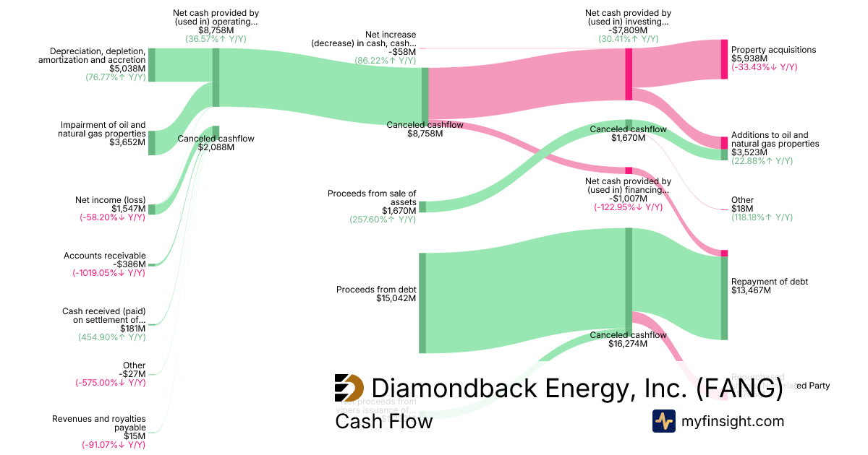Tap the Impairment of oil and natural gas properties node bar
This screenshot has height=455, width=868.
152,142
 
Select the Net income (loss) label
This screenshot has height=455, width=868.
110,200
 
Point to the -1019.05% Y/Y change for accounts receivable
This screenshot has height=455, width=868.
109,273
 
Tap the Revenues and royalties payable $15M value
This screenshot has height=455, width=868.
135,436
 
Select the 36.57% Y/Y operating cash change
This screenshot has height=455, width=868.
216,39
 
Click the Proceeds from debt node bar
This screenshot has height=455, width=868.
422,303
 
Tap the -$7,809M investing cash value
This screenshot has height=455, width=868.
628,30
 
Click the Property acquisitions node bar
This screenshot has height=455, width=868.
724,58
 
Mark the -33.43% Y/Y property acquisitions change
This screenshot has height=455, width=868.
764,67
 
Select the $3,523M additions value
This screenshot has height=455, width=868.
749,152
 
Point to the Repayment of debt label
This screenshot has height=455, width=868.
770,282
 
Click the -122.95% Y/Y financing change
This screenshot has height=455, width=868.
628,207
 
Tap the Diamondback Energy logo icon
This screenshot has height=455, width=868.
349,388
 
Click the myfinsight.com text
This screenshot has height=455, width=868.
733,421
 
